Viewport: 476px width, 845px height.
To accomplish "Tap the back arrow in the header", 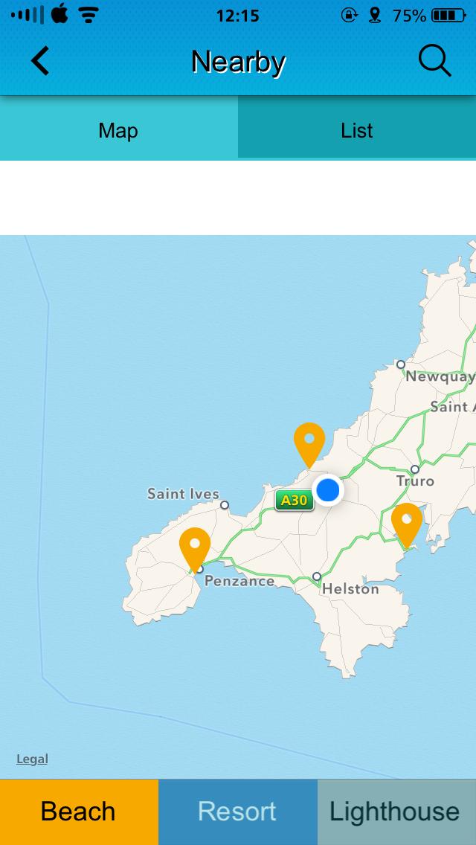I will pos(40,61).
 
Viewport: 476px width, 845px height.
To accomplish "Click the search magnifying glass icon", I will pos(434,61).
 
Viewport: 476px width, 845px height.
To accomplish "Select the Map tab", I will pos(118,131).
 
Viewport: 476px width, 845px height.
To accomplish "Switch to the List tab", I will pos(357,131).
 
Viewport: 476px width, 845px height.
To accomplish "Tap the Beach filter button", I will pos(79,812).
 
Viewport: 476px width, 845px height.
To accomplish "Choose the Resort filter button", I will pos(237,812).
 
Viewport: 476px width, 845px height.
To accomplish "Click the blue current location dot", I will pos(327,490).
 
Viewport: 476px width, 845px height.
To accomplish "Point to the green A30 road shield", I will pos(295,500).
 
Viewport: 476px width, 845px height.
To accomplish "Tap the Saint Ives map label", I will pos(183,494).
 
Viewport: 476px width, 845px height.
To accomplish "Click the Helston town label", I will pos(350,589).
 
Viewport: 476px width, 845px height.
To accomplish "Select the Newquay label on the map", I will pos(440,376).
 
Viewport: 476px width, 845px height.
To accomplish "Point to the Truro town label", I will pos(415,481).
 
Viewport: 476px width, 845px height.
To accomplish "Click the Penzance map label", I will pos(239,581).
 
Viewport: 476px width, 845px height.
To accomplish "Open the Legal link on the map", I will pos(32,759).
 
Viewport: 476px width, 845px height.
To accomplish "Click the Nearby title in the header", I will pos(238,61).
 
